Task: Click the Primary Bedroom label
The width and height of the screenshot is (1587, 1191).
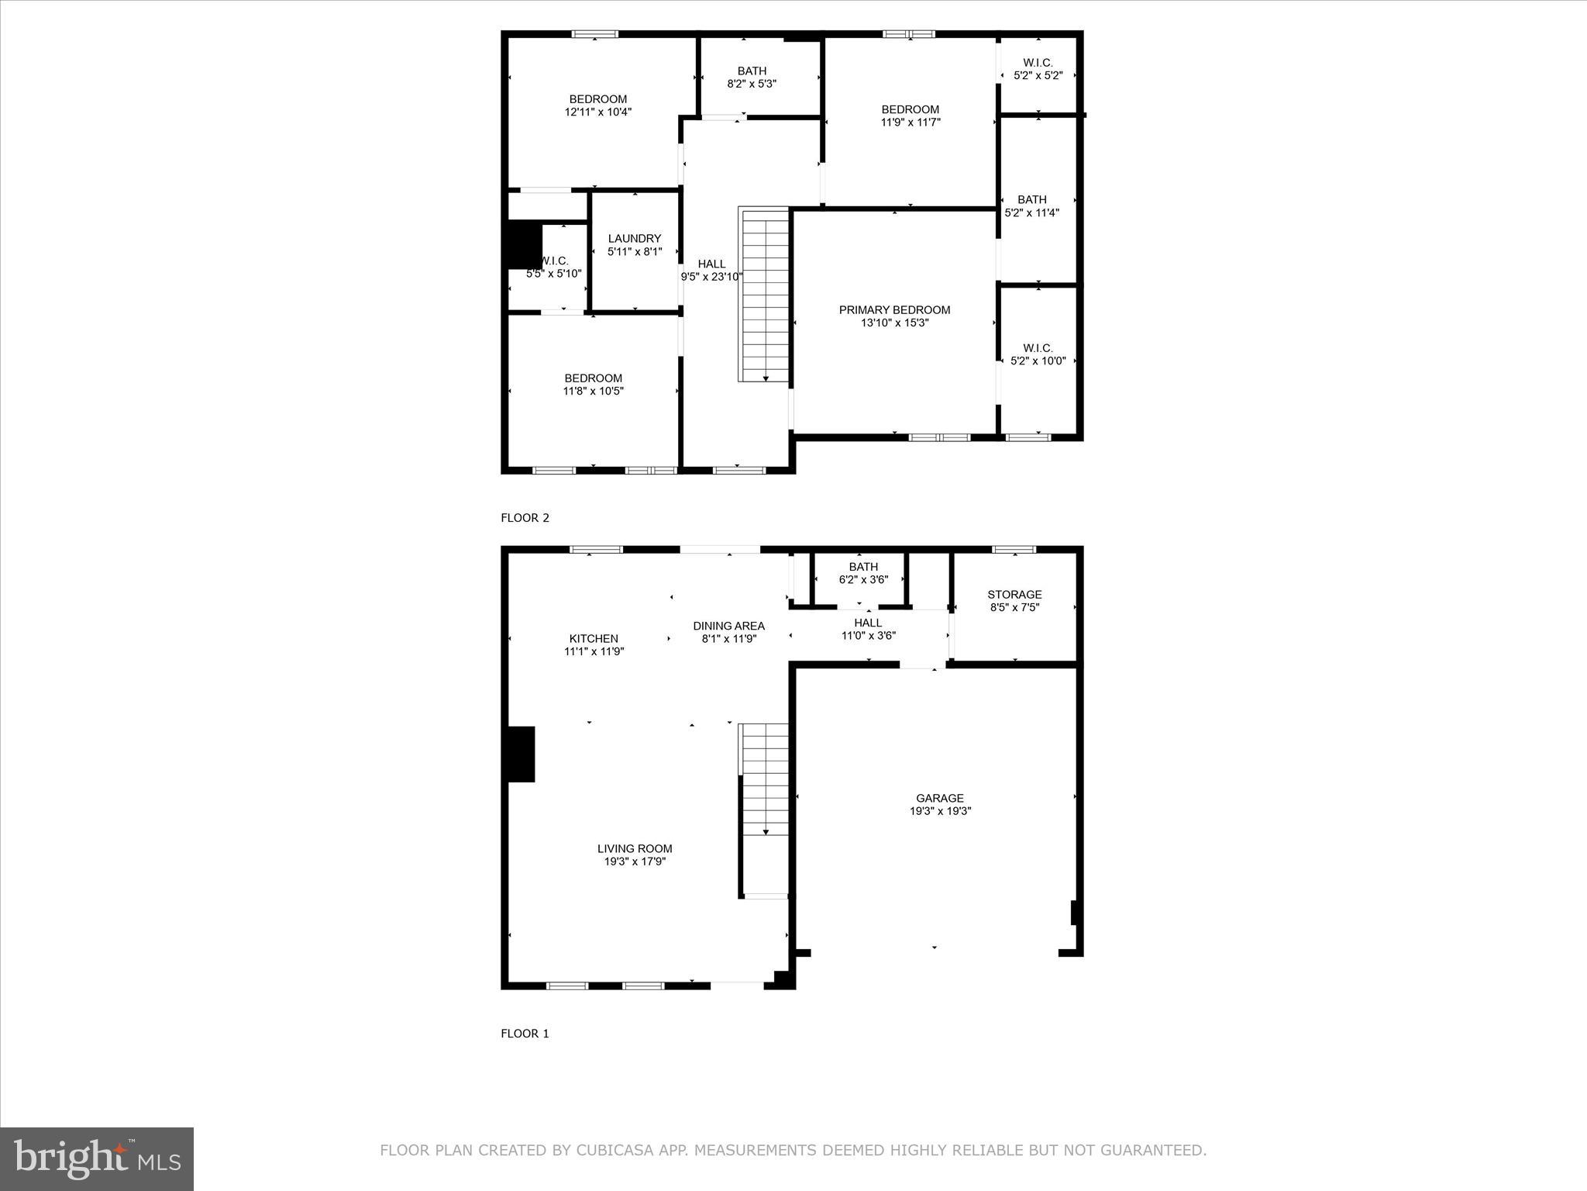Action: coord(894,310)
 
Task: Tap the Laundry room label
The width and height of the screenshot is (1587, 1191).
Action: coord(635,239)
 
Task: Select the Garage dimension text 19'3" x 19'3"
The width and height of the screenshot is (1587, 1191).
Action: coord(940,811)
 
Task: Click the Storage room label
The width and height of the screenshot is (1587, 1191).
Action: coord(1014,595)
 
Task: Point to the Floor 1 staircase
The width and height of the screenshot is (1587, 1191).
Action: coord(765,779)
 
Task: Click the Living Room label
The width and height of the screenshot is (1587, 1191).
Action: coord(635,848)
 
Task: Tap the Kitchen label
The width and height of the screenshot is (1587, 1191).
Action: coord(594,639)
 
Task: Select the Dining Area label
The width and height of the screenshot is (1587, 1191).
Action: coord(728,626)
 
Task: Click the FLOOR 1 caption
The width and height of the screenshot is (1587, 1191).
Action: coord(525,1034)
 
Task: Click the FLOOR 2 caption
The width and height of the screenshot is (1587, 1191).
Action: coord(525,518)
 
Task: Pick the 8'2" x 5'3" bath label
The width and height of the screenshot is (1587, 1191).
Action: coord(752,78)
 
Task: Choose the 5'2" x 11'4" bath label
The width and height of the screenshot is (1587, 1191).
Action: coord(1031,206)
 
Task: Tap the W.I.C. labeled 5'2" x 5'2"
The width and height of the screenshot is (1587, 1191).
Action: coord(1038,69)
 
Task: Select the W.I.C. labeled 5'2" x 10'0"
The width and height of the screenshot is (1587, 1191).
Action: coord(1038,354)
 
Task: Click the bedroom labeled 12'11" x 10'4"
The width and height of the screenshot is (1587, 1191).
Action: coord(598,105)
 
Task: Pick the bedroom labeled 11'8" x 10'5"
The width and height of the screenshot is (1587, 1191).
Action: coord(593,385)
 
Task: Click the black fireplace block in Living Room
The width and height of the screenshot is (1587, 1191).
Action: coord(521,754)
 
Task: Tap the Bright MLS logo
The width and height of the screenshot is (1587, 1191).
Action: coord(97,1158)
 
